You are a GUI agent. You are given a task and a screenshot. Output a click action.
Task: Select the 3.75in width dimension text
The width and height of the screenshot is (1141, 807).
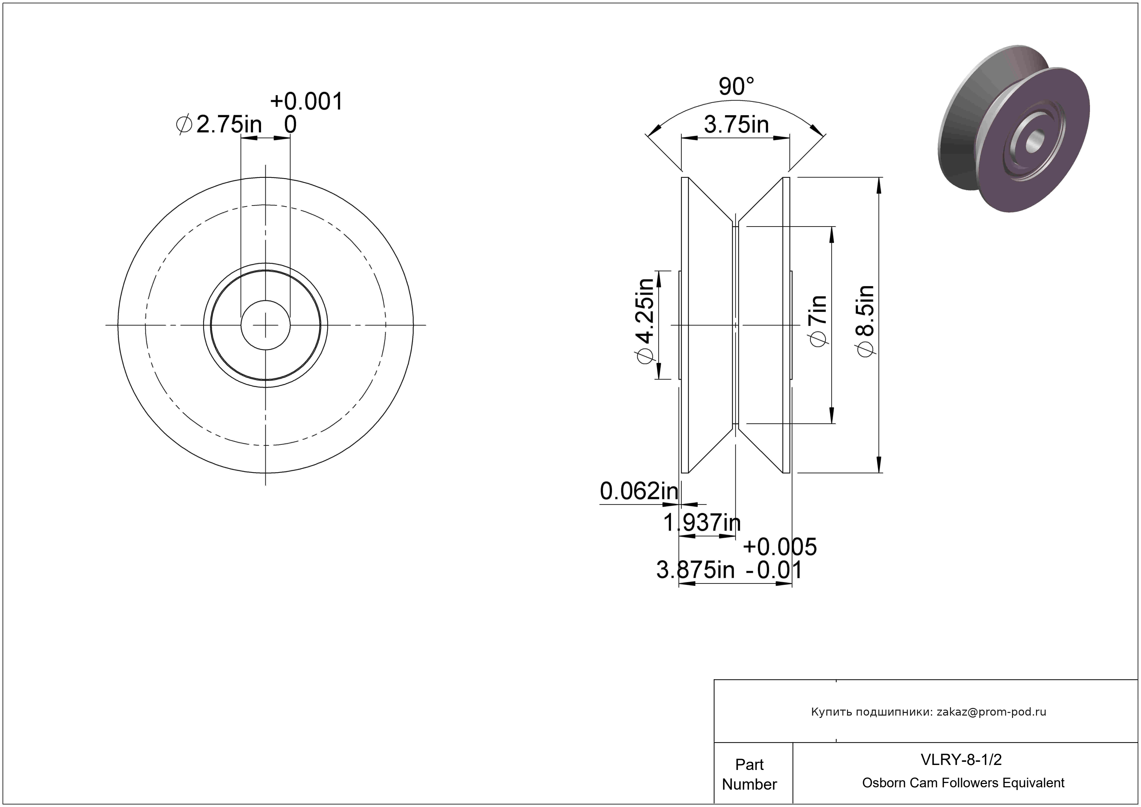736,124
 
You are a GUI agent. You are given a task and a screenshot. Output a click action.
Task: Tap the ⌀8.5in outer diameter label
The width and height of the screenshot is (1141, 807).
865,321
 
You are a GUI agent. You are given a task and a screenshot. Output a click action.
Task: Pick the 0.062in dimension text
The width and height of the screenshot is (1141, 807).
639,491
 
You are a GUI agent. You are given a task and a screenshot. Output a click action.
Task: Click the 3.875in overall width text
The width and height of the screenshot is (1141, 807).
695,570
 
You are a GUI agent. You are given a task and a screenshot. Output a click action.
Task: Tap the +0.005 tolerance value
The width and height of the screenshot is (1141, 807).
780,547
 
